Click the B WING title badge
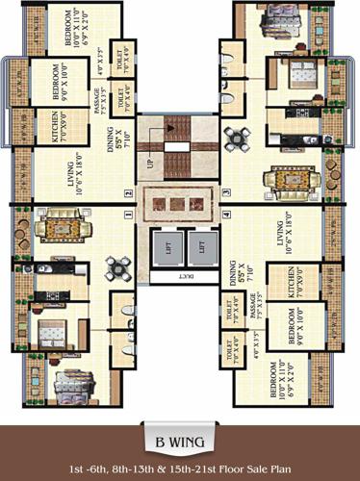(180, 417)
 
